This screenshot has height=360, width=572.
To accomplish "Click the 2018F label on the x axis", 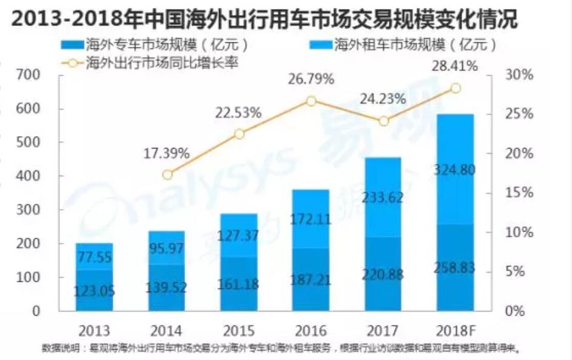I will point(455,331).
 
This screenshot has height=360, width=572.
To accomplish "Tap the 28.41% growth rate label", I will point(455,65).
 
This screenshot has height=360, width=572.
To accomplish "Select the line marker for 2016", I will point(311,101).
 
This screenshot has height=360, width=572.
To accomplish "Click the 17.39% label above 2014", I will point(167,153).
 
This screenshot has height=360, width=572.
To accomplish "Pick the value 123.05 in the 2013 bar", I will point(95,290).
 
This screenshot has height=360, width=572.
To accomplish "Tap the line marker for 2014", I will point(167,175).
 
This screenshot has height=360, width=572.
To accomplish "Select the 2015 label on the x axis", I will point(239,331).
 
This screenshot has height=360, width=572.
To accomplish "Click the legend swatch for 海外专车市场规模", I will point(73,45).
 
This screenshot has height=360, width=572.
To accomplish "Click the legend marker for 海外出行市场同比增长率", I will point(73,62).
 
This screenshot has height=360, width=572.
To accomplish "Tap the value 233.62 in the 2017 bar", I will point(383,198).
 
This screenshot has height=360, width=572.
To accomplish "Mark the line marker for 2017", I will point(383,121).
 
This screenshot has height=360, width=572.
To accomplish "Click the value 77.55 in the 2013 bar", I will point(95,256).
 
